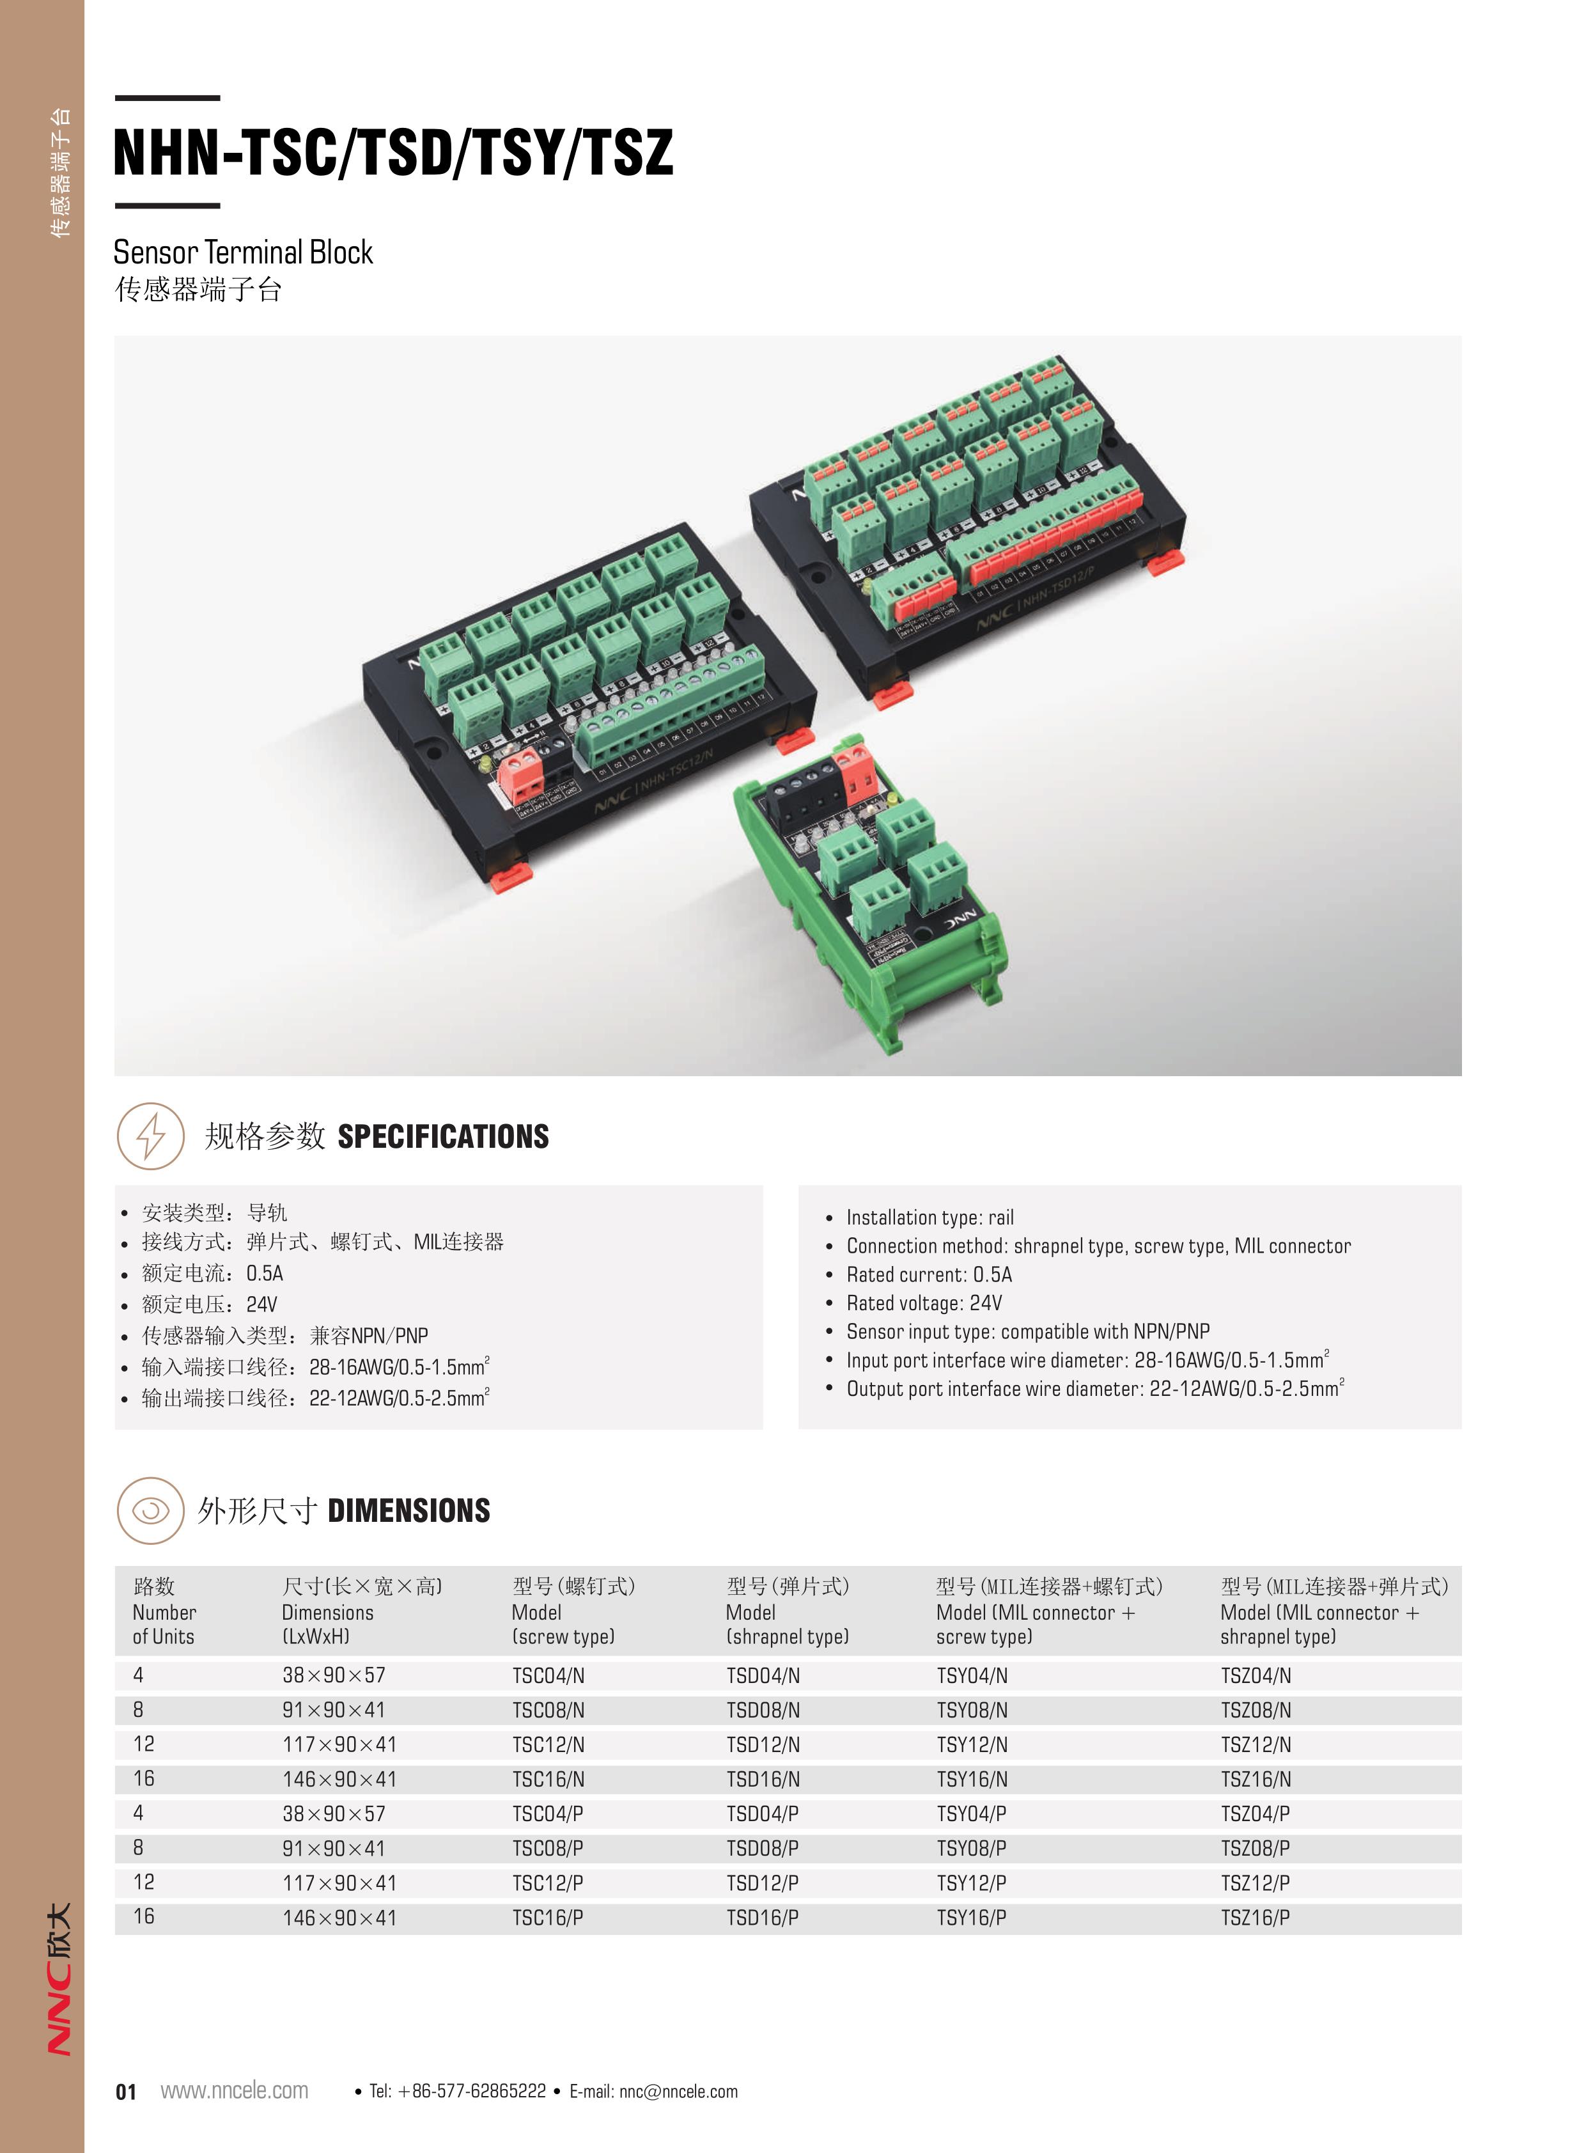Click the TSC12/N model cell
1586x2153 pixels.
548,1745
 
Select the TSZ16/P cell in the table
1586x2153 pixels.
1255,1918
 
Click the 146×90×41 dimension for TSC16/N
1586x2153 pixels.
339,1780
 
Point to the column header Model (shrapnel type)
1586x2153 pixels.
787,1612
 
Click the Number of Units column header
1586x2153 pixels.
164,1612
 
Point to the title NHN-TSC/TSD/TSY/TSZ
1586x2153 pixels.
394,153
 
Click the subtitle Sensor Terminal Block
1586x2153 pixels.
243,253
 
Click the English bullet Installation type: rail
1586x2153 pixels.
929,1217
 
